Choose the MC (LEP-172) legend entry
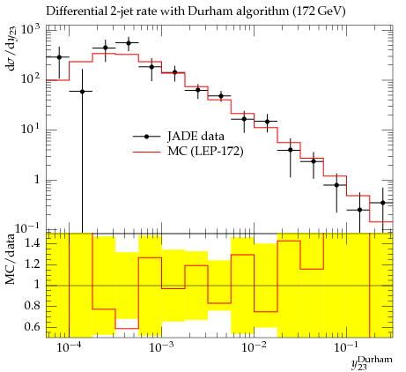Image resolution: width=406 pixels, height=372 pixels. coord(188,152)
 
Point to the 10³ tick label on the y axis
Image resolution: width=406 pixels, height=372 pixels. coord(31,30)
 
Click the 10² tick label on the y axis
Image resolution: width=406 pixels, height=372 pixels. coord(31,79)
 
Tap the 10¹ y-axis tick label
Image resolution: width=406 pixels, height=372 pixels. coord(31,129)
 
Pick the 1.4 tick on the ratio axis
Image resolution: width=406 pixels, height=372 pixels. coord(33,243)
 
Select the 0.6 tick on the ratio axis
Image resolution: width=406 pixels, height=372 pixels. coord(33,327)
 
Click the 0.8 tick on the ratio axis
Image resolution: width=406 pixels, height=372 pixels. coord(33,306)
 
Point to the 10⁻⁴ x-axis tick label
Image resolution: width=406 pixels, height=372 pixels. coord(68,347)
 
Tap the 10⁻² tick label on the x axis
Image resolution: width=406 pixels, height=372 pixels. coord(253,347)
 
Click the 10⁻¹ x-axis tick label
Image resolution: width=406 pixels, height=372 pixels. coord(345,347)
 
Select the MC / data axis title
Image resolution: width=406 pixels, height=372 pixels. coord(11,259)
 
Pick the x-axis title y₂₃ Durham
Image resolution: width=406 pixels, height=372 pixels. coord(372,362)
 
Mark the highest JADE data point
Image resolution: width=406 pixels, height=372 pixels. coord(129,43)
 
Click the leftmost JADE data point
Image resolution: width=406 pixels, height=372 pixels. coord(59,57)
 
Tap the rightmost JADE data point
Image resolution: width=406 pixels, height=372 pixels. coord(382,203)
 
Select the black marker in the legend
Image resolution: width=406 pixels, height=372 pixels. coord(147,137)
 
